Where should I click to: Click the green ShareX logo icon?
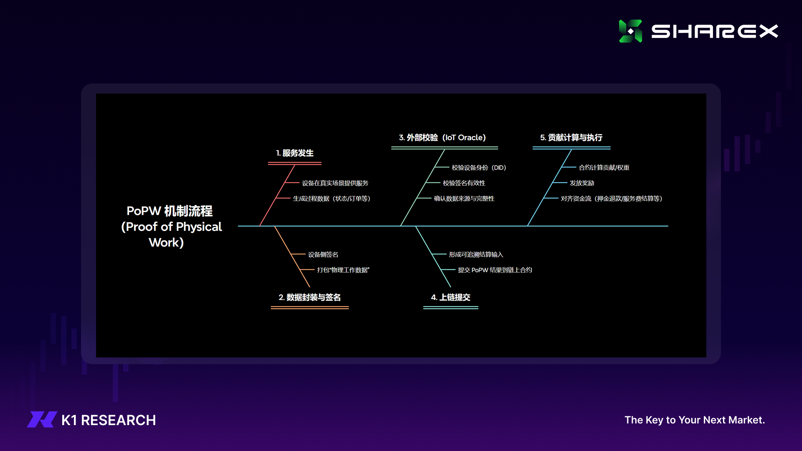coord(630,31)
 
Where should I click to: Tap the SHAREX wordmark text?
coord(715,31)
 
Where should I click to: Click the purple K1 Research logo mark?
coord(42,420)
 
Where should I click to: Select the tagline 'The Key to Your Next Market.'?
coord(695,420)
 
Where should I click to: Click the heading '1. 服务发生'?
coord(295,153)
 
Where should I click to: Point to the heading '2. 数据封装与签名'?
coord(310,297)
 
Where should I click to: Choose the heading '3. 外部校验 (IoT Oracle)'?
coord(442,138)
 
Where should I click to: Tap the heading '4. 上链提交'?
coord(451,297)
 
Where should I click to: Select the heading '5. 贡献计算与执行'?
coord(571,138)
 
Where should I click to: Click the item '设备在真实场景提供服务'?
coord(335,183)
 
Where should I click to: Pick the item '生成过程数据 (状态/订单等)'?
coord(332,199)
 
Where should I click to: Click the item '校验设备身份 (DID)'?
coord(479,168)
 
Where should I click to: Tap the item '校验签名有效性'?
coord(464,183)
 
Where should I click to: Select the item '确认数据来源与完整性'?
coord(464,199)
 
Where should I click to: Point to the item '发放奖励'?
coord(582,183)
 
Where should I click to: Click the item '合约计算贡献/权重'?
coord(604,168)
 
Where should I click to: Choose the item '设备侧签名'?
coord(323,255)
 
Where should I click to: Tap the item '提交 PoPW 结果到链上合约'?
coord(495,270)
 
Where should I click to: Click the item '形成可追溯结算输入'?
coord(476,255)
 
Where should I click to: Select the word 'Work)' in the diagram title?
coord(166,243)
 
